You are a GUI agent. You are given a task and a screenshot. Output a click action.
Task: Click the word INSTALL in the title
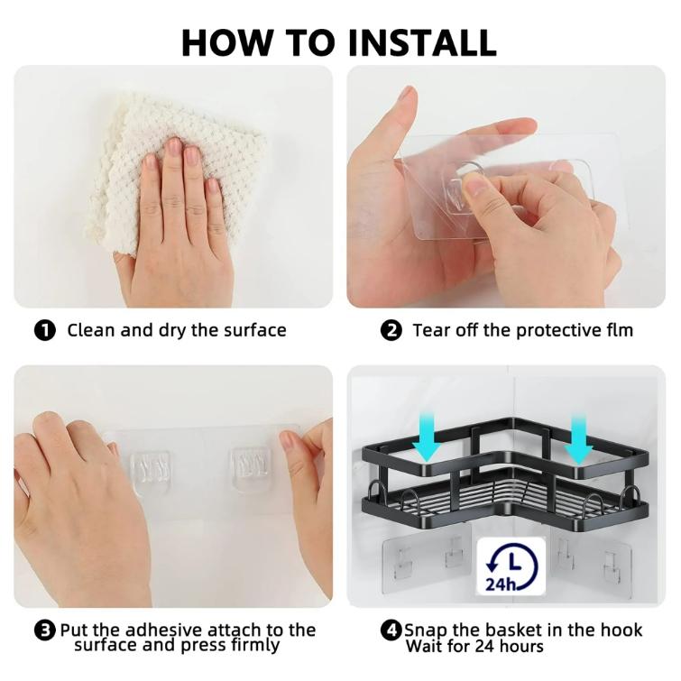click(422, 42)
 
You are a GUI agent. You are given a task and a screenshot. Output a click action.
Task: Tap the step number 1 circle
click(45, 330)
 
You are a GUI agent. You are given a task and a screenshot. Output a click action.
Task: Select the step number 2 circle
click(391, 330)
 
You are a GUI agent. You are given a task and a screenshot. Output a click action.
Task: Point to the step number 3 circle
click(45, 630)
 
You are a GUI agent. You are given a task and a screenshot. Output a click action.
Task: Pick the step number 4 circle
click(391, 630)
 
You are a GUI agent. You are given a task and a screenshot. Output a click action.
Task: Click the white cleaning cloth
click(174, 170)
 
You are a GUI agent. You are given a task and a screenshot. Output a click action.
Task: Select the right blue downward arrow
click(578, 438)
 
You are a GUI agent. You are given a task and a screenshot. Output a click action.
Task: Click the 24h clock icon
click(511, 566)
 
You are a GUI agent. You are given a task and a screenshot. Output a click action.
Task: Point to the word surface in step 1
click(255, 330)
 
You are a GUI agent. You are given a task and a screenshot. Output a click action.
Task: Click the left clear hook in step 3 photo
click(150, 472)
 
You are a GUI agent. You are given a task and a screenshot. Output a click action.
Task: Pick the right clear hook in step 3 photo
click(250, 470)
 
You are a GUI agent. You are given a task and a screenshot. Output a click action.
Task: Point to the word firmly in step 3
click(255, 646)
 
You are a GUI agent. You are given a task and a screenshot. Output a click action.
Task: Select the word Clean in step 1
click(91, 330)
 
